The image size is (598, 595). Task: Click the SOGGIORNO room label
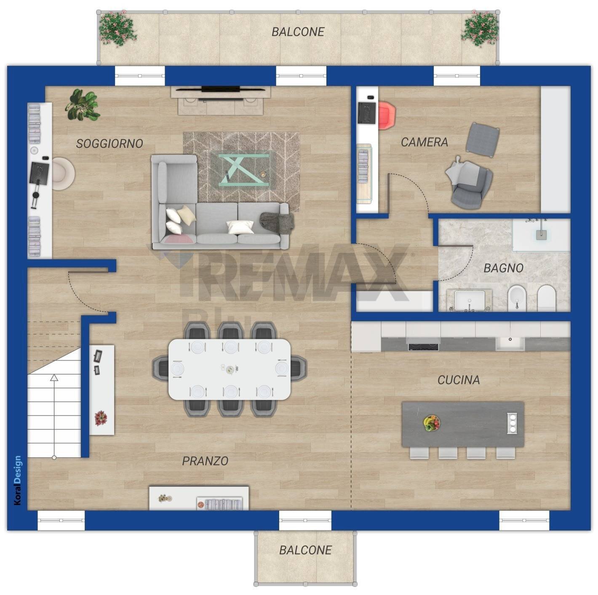pyautogui.click(x=109, y=144)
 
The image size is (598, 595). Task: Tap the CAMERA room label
pyautogui.click(x=424, y=142)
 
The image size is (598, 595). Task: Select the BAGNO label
pyautogui.click(x=503, y=268)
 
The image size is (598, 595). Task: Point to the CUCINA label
pyautogui.click(x=459, y=380)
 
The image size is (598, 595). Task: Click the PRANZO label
pyautogui.click(x=205, y=461)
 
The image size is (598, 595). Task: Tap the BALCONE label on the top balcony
pyautogui.click(x=298, y=32)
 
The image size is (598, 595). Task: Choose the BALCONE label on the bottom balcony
pyautogui.click(x=305, y=550)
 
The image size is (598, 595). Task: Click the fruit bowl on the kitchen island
pyautogui.click(x=431, y=423)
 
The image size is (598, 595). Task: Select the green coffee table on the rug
pyautogui.click(x=244, y=170)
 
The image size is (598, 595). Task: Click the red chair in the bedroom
pyautogui.click(x=387, y=115)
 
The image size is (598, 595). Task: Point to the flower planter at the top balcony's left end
pyautogui.click(x=117, y=28)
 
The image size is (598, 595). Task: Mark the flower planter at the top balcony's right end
pyautogui.click(x=480, y=28)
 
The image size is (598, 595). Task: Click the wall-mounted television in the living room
pyautogui.click(x=220, y=89)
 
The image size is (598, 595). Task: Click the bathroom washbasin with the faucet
pyautogui.click(x=469, y=300)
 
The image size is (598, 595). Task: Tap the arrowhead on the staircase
pyautogui.click(x=54, y=377)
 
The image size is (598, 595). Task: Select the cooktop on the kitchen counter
pyautogui.click(x=423, y=347)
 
